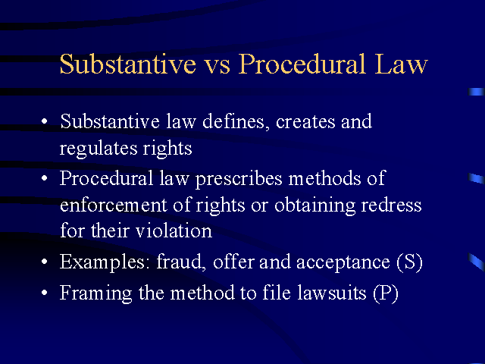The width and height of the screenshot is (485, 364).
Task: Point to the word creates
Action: point(305,121)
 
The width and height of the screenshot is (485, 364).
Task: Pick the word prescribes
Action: point(239,179)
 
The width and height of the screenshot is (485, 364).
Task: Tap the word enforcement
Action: point(114,206)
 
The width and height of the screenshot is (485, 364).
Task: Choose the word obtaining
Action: point(315,206)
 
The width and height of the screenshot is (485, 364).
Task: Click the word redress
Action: point(391,205)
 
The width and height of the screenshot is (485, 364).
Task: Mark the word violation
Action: point(174,231)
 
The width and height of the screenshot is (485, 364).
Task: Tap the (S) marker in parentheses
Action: point(409,262)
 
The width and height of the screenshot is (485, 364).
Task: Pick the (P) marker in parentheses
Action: point(386,293)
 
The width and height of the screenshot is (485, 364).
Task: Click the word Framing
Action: point(96,293)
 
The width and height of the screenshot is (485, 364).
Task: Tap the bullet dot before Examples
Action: point(45,262)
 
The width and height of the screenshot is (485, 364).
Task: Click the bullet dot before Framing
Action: point(45,292)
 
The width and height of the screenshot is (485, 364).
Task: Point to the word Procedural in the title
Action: point(302,64)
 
